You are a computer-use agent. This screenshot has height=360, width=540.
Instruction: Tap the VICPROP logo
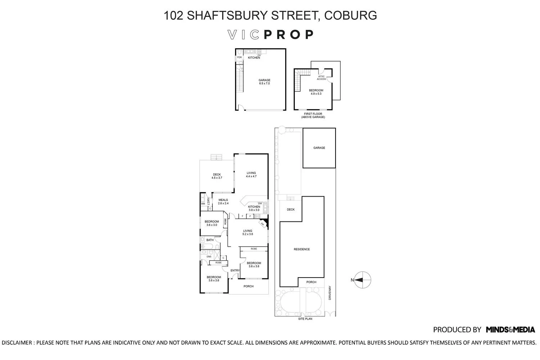(271, 35)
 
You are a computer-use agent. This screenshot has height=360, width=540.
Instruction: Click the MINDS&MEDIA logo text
(510, 329)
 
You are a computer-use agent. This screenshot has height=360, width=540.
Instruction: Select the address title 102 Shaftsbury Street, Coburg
(270, 15)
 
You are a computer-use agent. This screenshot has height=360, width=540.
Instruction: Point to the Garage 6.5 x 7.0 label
(264, 82)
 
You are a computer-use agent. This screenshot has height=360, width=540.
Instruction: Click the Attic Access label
(321, 77)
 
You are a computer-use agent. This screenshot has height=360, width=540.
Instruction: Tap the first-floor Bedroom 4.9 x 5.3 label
(316, 92)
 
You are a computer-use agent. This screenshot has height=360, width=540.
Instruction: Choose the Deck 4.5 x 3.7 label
(217, 176)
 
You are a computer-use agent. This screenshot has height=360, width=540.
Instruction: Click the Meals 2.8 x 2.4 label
(223, 202)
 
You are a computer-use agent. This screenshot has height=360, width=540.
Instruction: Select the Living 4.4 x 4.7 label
(251, 175)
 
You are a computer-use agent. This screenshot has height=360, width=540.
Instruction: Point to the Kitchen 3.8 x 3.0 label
(254, 208)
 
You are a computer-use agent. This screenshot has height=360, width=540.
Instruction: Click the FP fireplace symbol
(263, 224)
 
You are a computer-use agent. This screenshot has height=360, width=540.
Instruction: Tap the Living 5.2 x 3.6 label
(248, 232)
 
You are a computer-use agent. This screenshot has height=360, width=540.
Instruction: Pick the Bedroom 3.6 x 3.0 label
(212, 223)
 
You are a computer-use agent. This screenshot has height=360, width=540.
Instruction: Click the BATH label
(210, 240)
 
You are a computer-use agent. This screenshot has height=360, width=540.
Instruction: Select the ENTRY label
(235, 270)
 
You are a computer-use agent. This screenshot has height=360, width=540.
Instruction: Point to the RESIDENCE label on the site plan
(302, 249)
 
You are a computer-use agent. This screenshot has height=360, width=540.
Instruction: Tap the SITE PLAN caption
(305, 319)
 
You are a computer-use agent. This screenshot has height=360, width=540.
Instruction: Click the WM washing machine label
(203, 204)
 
